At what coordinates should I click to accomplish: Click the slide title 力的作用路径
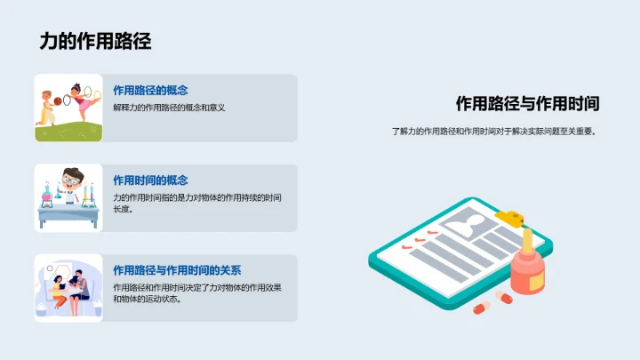click(x=95, y=41)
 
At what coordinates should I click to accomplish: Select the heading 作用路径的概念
click(x=150, y=90)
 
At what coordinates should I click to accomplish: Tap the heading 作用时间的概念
click(x=150, y=180)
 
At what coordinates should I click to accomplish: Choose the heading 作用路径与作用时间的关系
click(x=177, y=270)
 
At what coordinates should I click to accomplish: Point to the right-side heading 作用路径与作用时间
click(x=527, y=103)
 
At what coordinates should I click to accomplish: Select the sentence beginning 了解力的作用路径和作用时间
click(x=494, y=132)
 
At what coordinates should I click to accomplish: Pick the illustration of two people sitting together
click(x=68, y=288)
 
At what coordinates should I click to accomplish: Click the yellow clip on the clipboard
click(x=511, y=215)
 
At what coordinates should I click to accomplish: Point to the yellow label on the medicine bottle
click(x=537, y=280)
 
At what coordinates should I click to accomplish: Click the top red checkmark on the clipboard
click(x=434, y=234)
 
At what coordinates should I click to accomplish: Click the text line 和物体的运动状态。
click(x=147, y=300)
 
